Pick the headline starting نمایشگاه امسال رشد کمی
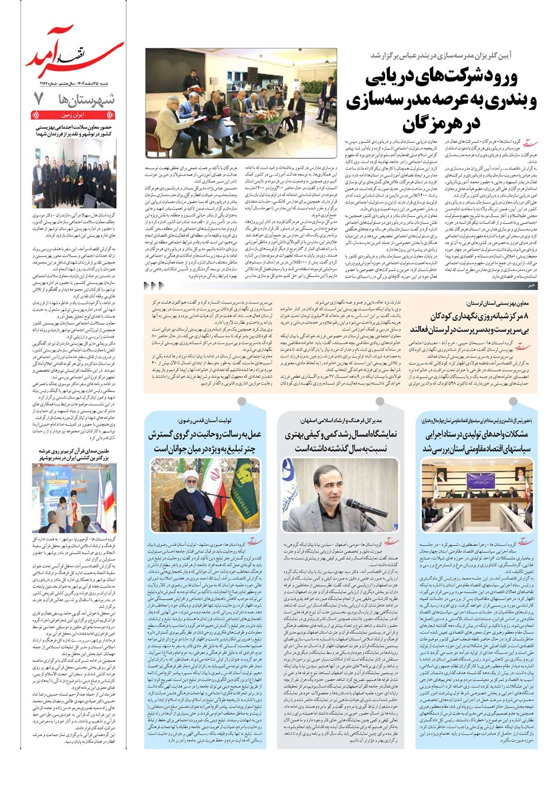coord(341,441)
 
